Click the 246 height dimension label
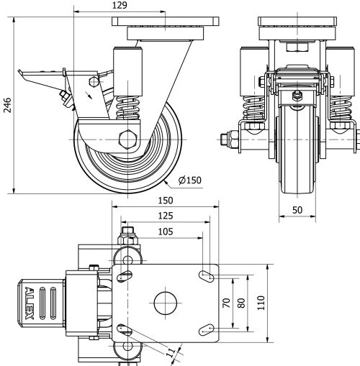click(7, 106)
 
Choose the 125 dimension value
click(165, 215)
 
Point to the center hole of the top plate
click(165, 302)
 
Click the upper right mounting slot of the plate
click(208, 274)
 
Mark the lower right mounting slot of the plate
click(208, 330)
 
